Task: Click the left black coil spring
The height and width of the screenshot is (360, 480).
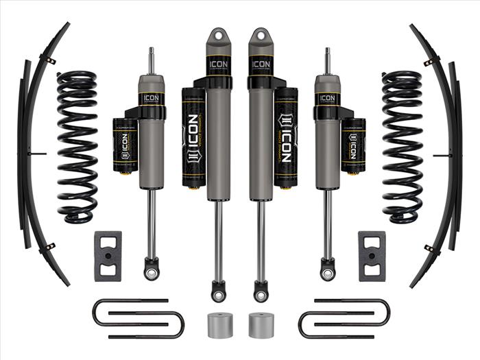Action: [77, 147]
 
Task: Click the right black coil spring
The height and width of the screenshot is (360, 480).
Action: [402, 147]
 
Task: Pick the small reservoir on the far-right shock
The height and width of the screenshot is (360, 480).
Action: [354, 145]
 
